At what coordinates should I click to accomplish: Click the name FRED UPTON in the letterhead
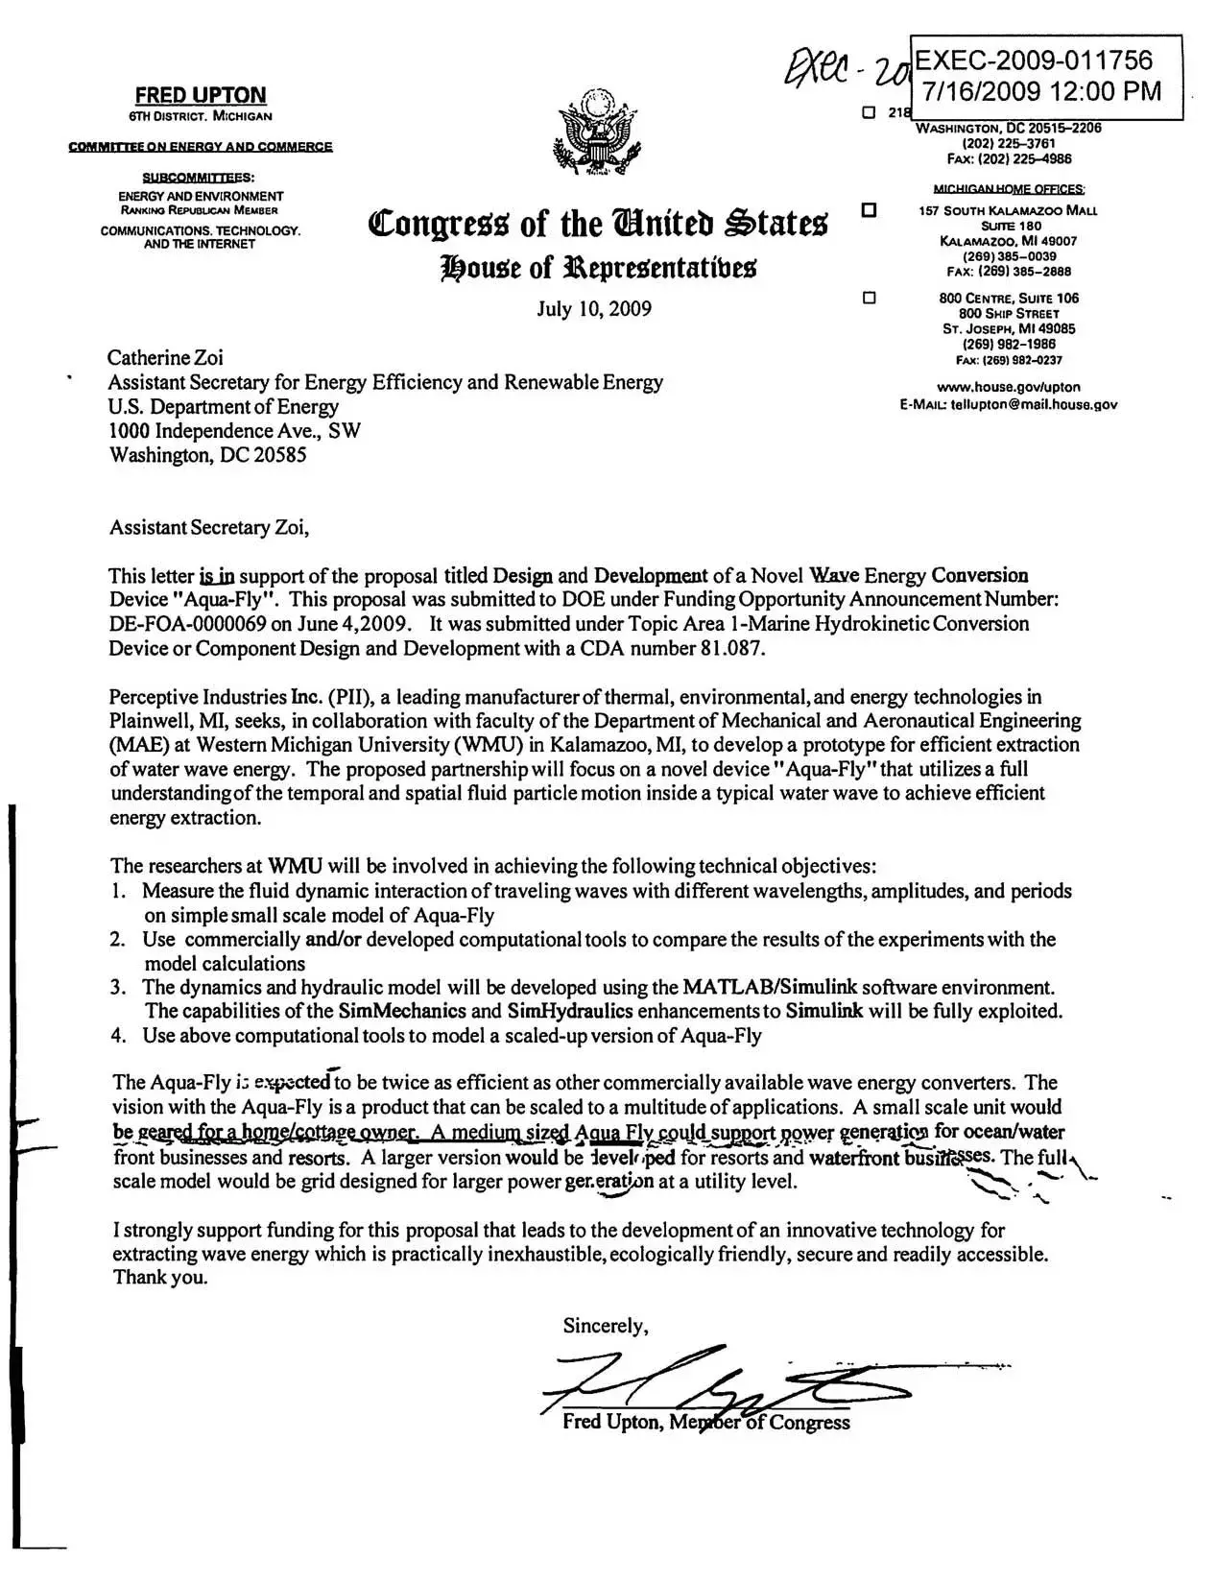[200, 95]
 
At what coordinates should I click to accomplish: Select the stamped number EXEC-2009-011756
[1033, 61]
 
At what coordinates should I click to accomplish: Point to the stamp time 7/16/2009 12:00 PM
[1041, 91]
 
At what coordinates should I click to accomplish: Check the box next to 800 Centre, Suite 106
[870, 298]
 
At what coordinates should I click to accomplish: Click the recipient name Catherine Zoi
[165, 358]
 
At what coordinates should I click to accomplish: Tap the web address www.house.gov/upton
[1008, 387]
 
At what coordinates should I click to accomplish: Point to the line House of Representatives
[598, 267]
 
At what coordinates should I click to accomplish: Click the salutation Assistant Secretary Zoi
[209, 527]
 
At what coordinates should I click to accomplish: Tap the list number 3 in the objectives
[118, 987]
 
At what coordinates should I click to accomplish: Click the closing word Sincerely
[605, 1326]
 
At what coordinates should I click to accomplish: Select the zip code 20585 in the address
[279, 455]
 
